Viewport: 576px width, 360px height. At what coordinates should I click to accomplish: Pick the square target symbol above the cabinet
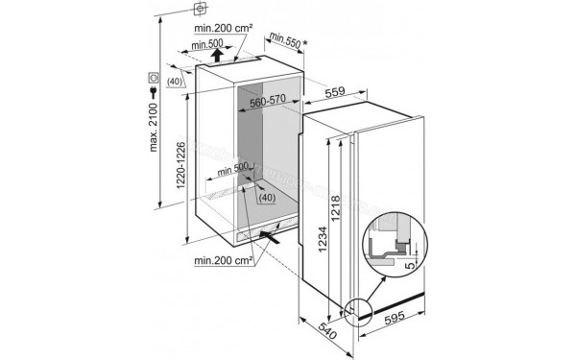(x=201, y=10)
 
